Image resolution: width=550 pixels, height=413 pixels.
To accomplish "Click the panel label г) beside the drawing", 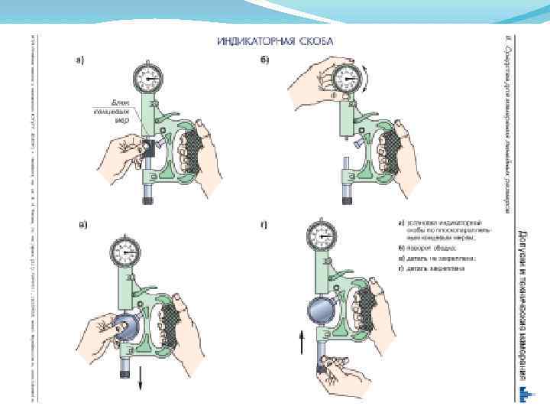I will click(x=264, y=225).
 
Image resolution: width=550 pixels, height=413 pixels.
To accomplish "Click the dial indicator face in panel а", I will click(x=147, y=77).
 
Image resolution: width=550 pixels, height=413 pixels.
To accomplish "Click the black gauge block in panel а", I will click(x=150, y=150).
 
